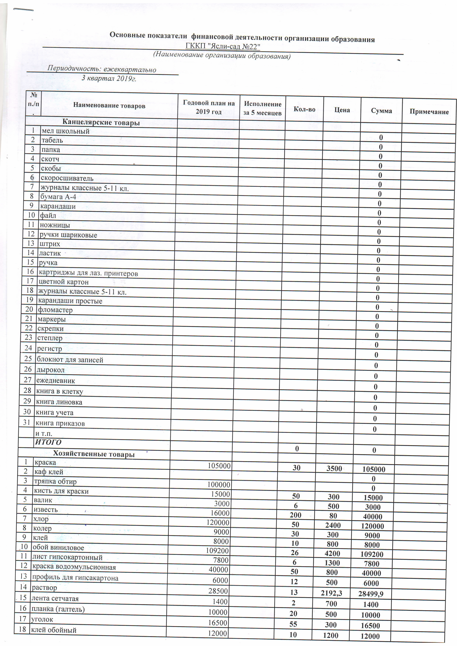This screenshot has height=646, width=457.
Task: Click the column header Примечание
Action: pos(429,112)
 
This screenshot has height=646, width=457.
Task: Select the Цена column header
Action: pos(342,110)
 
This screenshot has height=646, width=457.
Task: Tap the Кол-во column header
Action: pos(304,109)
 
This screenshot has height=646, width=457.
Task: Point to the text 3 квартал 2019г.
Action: pos(109,78)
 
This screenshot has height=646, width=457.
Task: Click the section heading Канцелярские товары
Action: pos(101,122)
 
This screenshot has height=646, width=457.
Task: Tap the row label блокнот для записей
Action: pos(70,360)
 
